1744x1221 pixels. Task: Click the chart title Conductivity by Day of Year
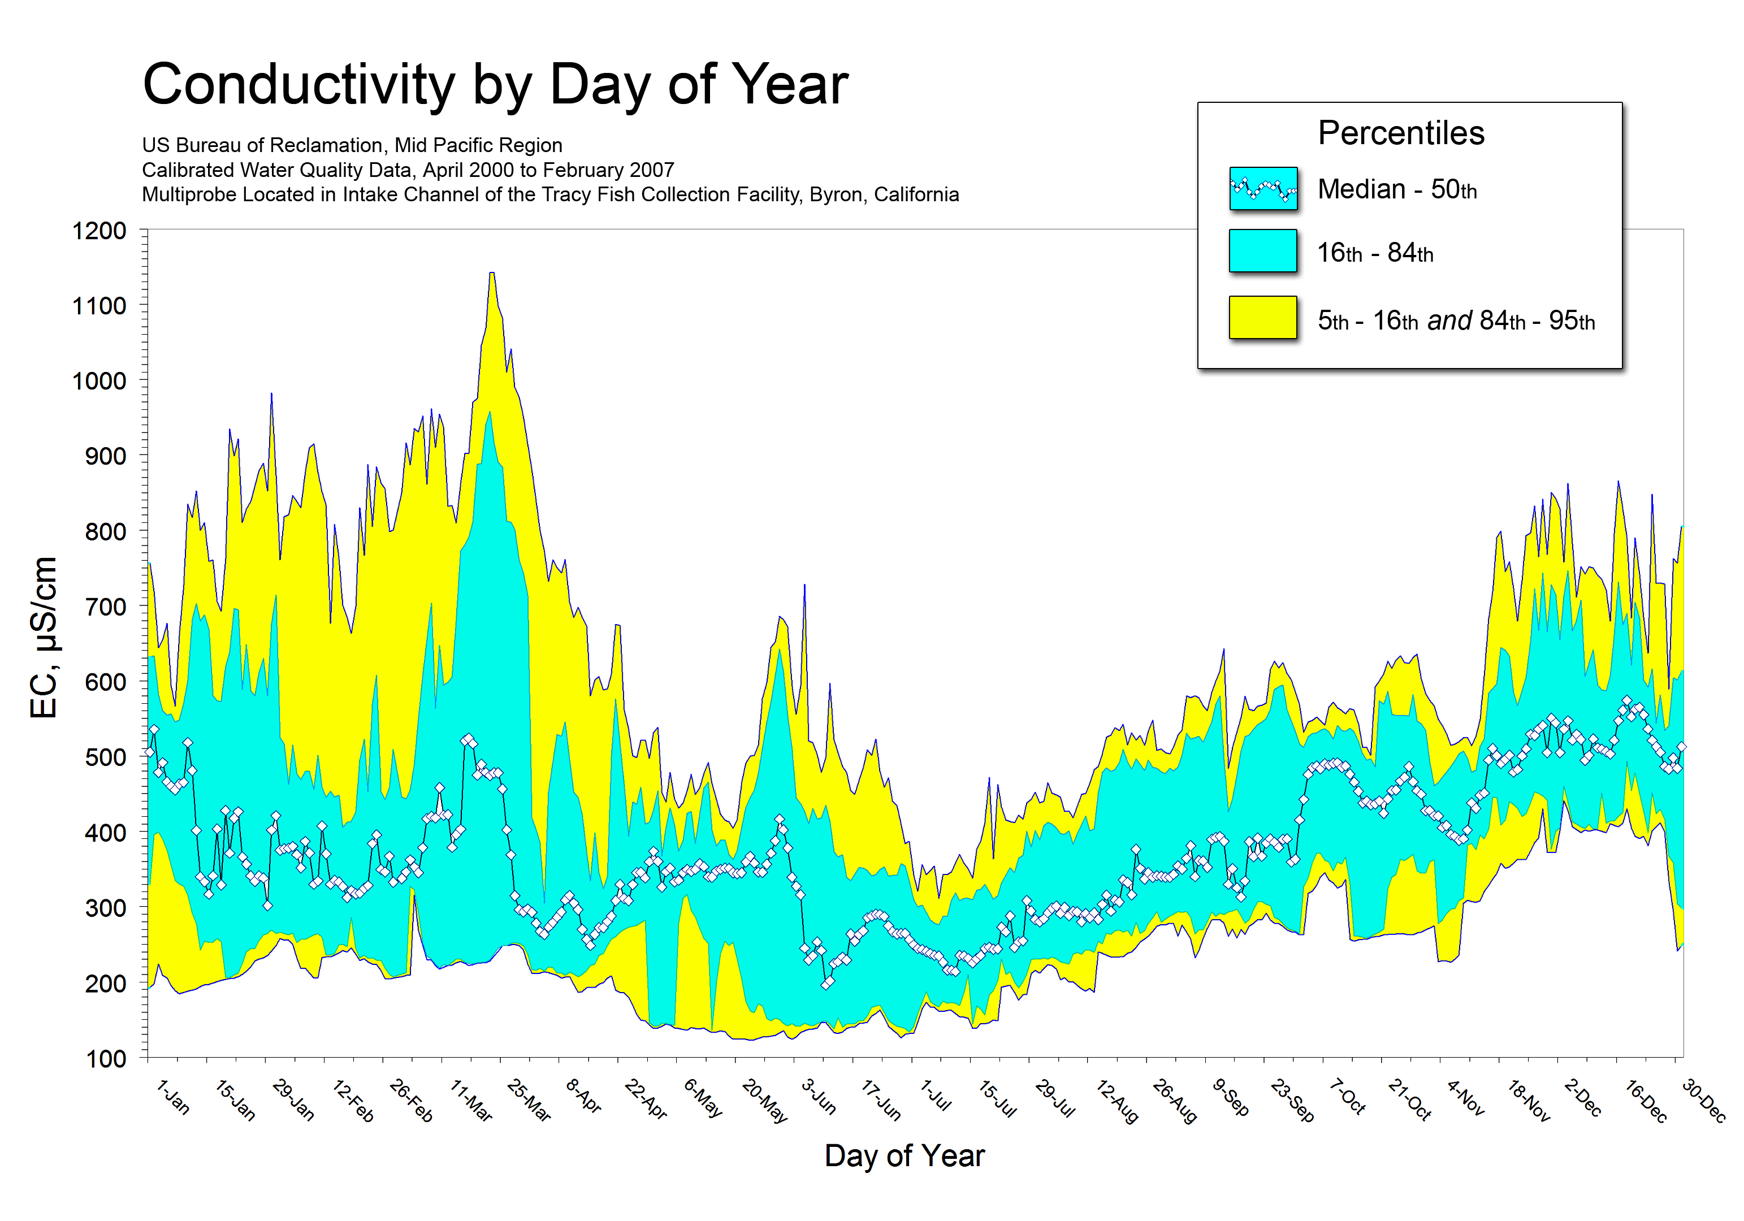point(495,84)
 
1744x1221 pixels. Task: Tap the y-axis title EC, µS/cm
point(44,638)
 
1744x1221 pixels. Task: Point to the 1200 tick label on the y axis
point(99,231)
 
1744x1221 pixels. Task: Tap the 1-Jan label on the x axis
point(172,1098)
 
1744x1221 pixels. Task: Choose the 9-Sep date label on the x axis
point(1231,1098)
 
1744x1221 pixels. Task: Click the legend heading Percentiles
point(1401,133)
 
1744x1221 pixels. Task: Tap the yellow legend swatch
point(1262,317)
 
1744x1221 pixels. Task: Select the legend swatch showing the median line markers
point(1262,188)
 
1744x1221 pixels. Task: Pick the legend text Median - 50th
point(1397,189)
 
